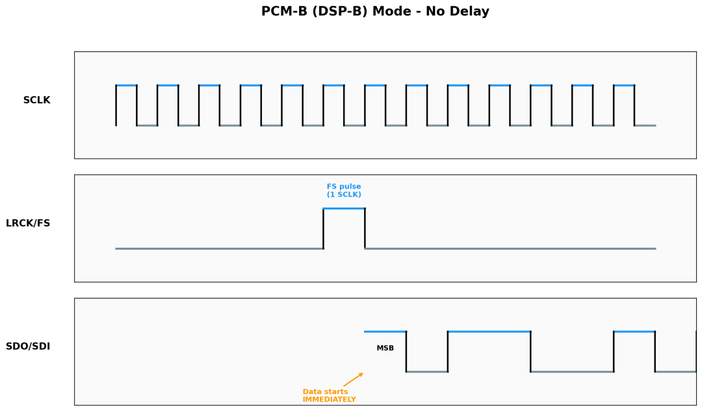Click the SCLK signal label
[36, 100]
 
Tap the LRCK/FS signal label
[28, 224]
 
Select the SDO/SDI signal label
[28, 347]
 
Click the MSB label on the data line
[385, 349]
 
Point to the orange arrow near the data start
[353, 379]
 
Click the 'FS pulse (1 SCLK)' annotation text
[344, 191]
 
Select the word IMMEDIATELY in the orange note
[329, 399]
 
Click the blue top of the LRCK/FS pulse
[344, 209]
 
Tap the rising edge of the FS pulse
[323, 228]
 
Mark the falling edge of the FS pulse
[365, 228]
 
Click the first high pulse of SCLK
[126, 85]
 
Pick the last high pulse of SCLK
[624, 85]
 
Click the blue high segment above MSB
[385, 332]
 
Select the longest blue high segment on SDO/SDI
[489, 332]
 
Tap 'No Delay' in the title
[458, 11]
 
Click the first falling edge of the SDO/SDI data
[406, 352]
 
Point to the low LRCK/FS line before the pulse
[220, 248]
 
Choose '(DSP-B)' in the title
[340, 11]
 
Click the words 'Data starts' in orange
[325, 391]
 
